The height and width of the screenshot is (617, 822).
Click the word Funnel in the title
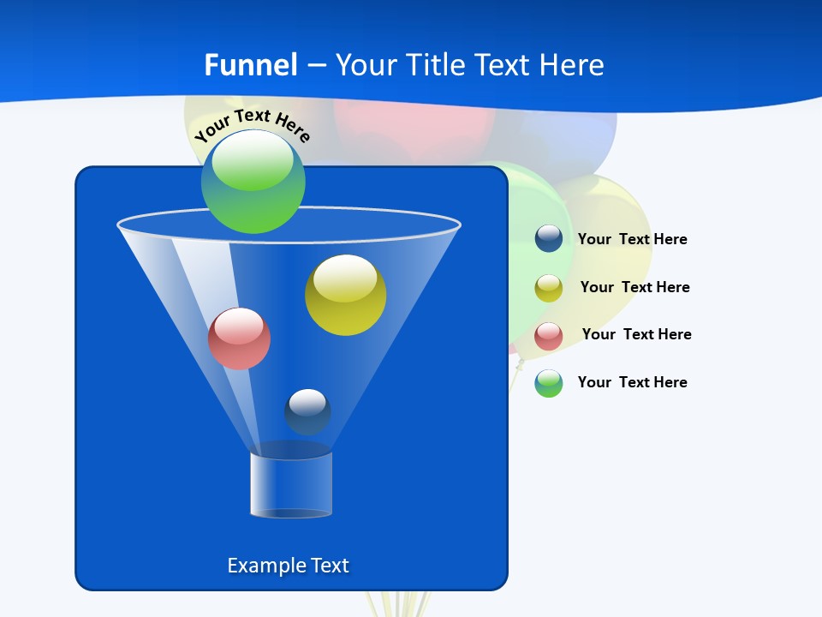251,65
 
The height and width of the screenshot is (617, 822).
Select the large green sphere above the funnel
253,182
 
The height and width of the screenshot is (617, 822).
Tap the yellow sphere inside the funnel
345,295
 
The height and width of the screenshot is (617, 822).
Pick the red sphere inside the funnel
239,338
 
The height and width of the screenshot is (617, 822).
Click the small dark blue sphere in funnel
307,411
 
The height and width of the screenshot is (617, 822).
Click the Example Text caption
288,566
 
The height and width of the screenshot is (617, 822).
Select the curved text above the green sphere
253,125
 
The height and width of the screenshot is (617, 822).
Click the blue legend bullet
549,238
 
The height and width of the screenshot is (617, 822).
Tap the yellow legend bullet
549,288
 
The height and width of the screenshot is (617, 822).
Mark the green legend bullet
549,383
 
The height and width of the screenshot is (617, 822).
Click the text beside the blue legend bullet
632,240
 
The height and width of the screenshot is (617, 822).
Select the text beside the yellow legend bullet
634,287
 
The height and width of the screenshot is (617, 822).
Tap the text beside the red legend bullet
636,334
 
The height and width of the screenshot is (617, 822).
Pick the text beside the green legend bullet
632,382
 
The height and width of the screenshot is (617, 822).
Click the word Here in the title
573,65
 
